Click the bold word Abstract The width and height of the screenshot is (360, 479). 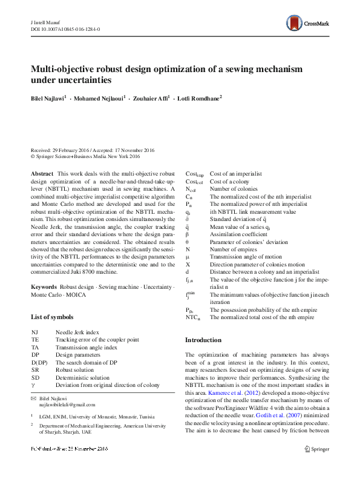pyautogui.click(x=42, y=174)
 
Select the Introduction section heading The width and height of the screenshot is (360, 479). pyautogui.click(x=203, y=340)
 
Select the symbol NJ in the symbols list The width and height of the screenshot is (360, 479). pyautogui.click(x=34, y=332)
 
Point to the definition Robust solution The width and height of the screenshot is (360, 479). pyautogui.click(x=75, y=369)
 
